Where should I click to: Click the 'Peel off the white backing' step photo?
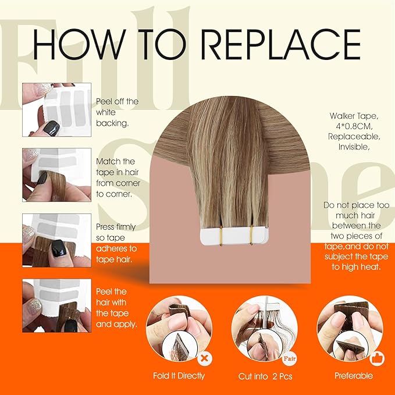(x=57, y=109)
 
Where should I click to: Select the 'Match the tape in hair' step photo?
(x=57, y=175)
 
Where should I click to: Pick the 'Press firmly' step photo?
(x=57, y=240)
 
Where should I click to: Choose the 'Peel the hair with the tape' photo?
(x=57, y=305)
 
